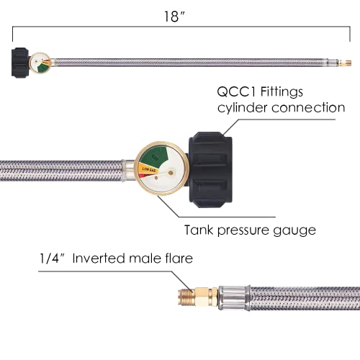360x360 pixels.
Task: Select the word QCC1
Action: click(235, 91)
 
